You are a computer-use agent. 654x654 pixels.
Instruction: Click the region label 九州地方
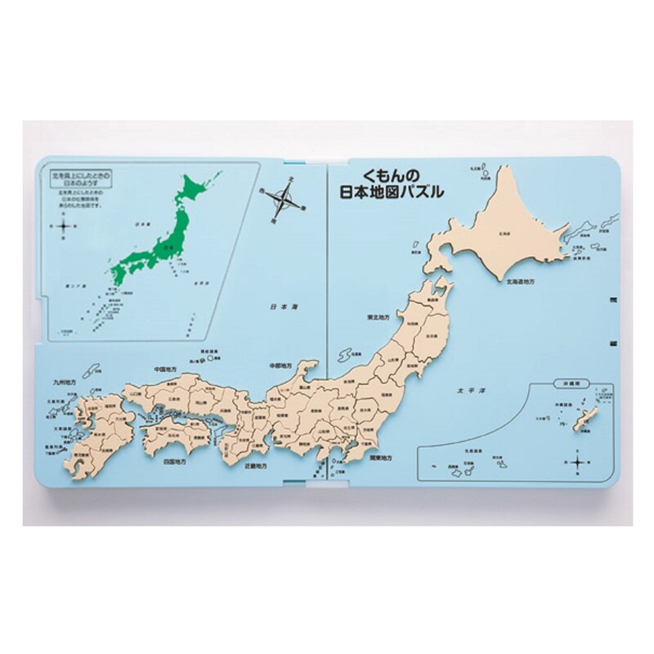pos(68,379)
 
